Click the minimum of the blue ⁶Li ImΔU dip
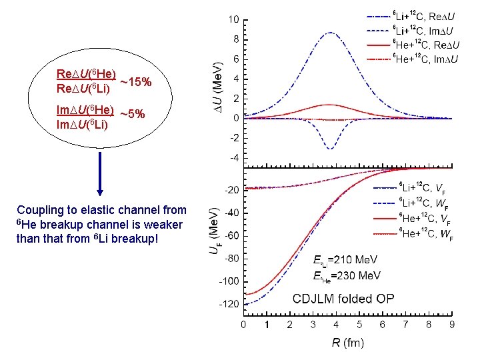click(x=330, y=148)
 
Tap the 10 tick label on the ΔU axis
click(x=234, y=19)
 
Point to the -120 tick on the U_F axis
click(x=231, y=304)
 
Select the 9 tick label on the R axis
click(x=452, y=325)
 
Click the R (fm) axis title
click(x=347, y=343)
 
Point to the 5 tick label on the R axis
click(x=359, y=325)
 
